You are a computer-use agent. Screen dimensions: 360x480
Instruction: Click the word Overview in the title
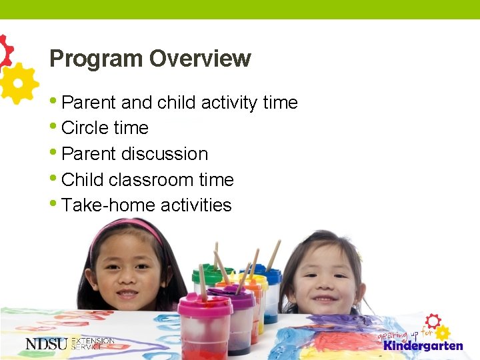[200, 59]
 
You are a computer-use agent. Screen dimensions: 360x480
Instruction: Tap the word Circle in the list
[84, 128]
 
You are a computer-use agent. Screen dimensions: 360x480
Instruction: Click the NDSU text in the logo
[47, 344]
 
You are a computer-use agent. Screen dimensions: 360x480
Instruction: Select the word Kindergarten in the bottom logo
[423, 346]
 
